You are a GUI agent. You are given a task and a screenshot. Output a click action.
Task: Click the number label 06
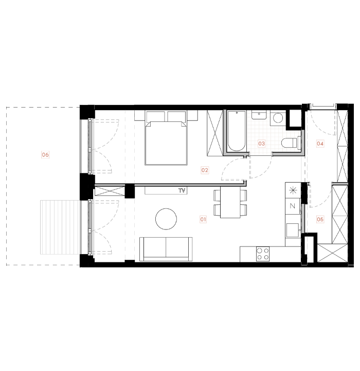click(45, 155)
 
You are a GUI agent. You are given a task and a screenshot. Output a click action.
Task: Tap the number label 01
click(203, 220)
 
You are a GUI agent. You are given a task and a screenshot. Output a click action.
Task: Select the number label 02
click(205, 170)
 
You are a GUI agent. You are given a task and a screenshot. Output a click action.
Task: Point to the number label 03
click(261, 144)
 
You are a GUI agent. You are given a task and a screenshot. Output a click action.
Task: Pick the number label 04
click(320, 144)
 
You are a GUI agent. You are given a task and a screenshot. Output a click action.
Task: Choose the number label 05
click(320, 220)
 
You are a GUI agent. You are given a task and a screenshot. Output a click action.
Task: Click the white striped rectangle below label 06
click(60, 227)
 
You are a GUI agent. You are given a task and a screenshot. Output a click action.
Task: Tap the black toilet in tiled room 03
click(292, 143)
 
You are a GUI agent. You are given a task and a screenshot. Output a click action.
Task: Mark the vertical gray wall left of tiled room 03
click(225, 131)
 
